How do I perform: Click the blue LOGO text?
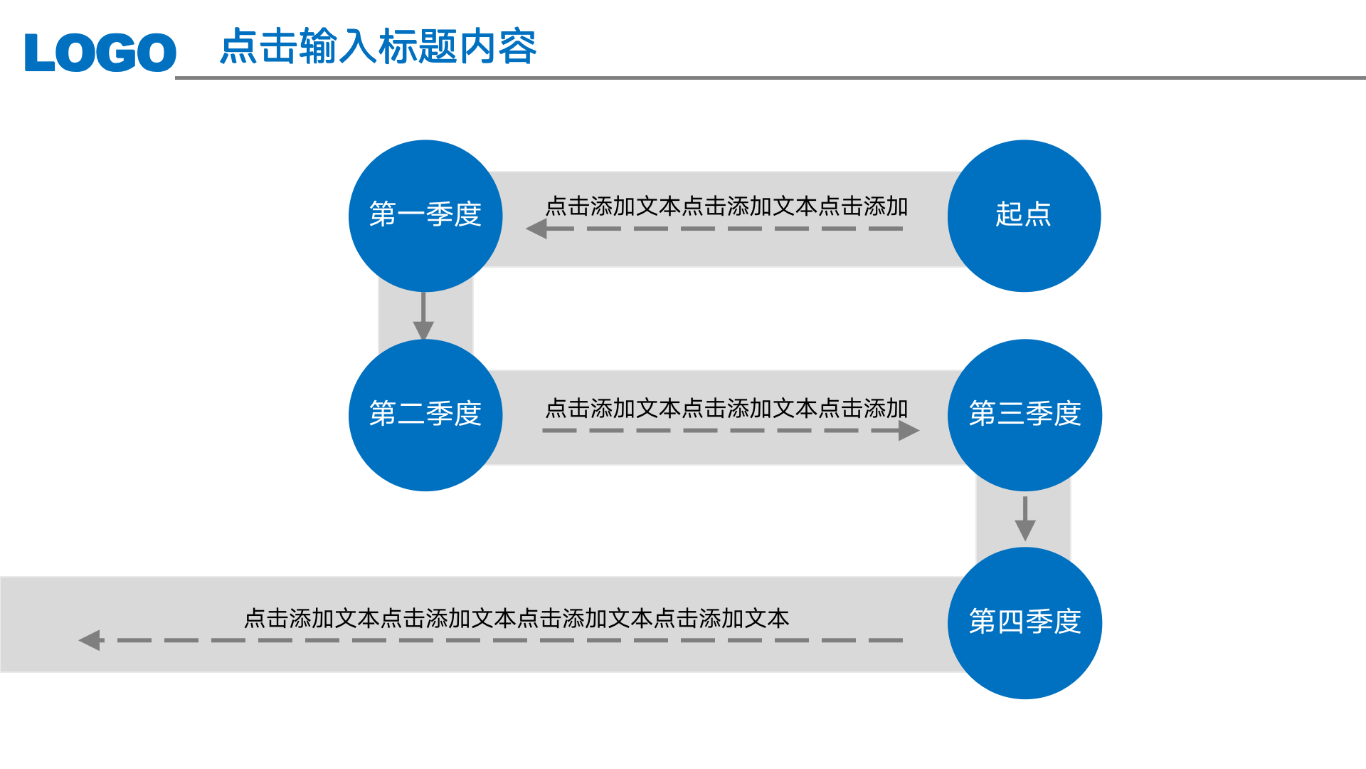pos(100,53)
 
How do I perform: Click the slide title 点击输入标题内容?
pos(378,47)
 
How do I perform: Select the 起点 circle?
pos(1024,216)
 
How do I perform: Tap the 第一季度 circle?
pos(425,216)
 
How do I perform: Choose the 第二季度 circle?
pos(425,415)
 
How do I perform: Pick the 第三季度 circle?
pos(1024,415)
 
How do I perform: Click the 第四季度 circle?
pos(1024,623)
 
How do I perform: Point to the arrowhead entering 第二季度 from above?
pos(423,330)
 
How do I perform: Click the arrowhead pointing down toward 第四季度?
pos(1024,530)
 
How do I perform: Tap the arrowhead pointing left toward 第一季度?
pos(537,229)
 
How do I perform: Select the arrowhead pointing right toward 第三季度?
pos(909,430)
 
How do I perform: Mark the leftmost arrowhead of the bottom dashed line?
pos(90,640)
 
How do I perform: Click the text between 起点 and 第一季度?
pos(726,206)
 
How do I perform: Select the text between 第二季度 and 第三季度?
pos(726,409)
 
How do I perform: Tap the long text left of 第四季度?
pos(517,618)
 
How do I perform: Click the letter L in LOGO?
pos(39,53)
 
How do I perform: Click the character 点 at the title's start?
pos(238,47)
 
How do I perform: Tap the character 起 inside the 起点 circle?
pos(1009,214)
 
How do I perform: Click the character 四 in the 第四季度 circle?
pos(1010,622)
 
